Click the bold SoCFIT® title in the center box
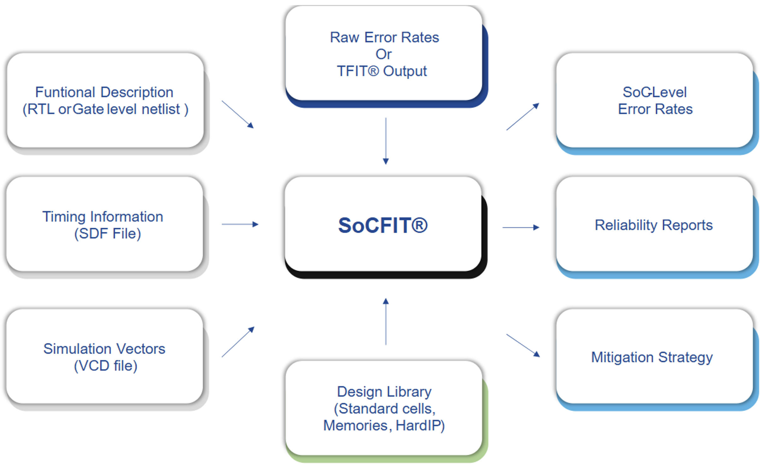click(383, 225)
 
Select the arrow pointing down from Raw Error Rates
click(386, 141)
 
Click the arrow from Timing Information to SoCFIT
click(240, 224)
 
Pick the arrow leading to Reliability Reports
click(521, 227)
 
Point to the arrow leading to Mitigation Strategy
click(523, 345)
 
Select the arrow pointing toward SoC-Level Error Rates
click(522, 116)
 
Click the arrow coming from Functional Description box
click(237, 114)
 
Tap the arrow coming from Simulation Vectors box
click(238, 342)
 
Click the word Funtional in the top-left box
click(65, 92)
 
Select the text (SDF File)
click(108, 234)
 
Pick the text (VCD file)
click(106, 366)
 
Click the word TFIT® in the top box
click(358, 71)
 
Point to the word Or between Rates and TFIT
click(383, 54)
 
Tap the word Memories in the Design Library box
click(355, 426)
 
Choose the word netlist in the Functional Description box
click(161, 109)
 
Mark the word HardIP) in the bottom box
click(420, 426)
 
